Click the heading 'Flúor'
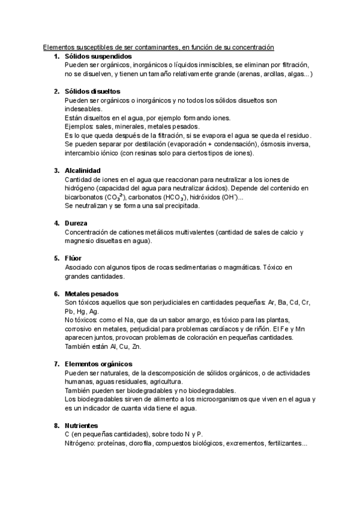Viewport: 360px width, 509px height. pyautogui.click(x=74, y=258)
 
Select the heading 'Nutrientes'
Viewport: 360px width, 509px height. pyautogui.click(x=81, y=425)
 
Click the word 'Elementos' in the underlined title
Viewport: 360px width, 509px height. pyautogui.click(x=60, y=47)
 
